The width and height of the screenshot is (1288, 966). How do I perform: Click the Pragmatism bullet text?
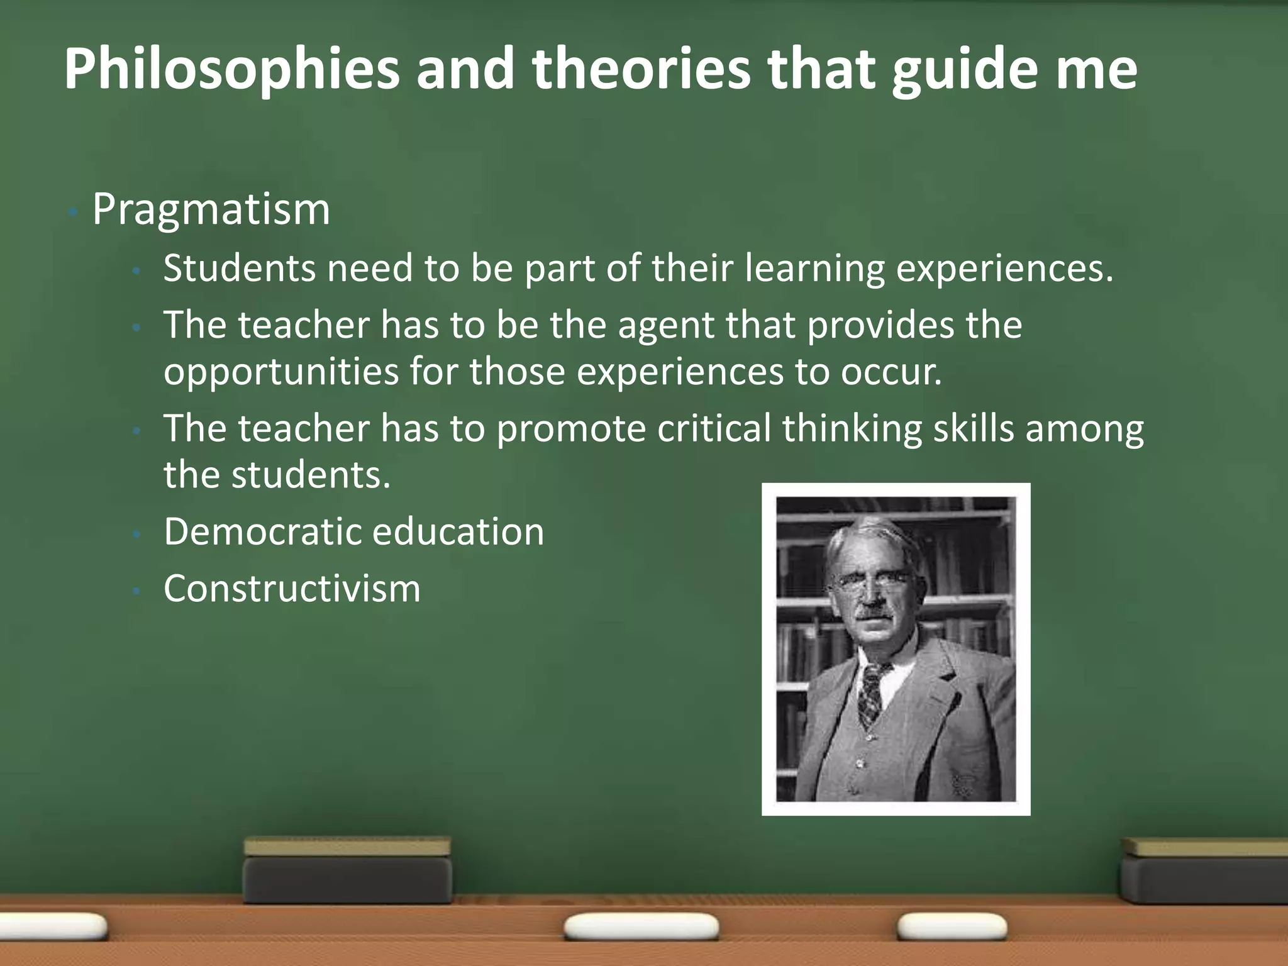[211, 209]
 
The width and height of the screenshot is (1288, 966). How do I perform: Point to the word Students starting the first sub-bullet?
[239, 268]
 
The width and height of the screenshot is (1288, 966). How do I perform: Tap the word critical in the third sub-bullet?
[714, 429]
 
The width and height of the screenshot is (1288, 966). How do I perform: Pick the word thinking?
[852, 429]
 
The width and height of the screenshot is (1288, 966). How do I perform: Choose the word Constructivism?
[292, 589]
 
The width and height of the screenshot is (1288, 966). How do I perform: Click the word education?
[458, 531]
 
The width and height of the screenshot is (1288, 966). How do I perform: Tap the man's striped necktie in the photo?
[871, 695]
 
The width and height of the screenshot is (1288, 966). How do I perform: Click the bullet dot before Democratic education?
[136, 533]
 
